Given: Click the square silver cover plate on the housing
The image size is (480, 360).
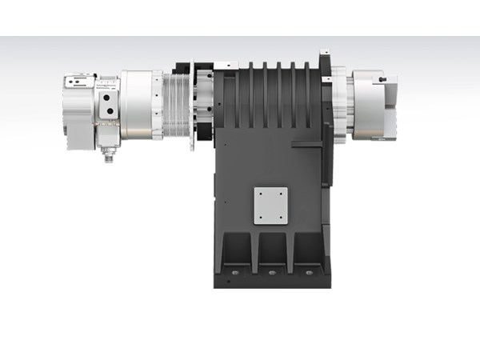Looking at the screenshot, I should (x=270, y=206).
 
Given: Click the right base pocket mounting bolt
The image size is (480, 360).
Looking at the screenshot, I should (x=308, y=272).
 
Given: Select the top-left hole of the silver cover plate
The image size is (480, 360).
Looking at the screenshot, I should (x=258, y=193).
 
